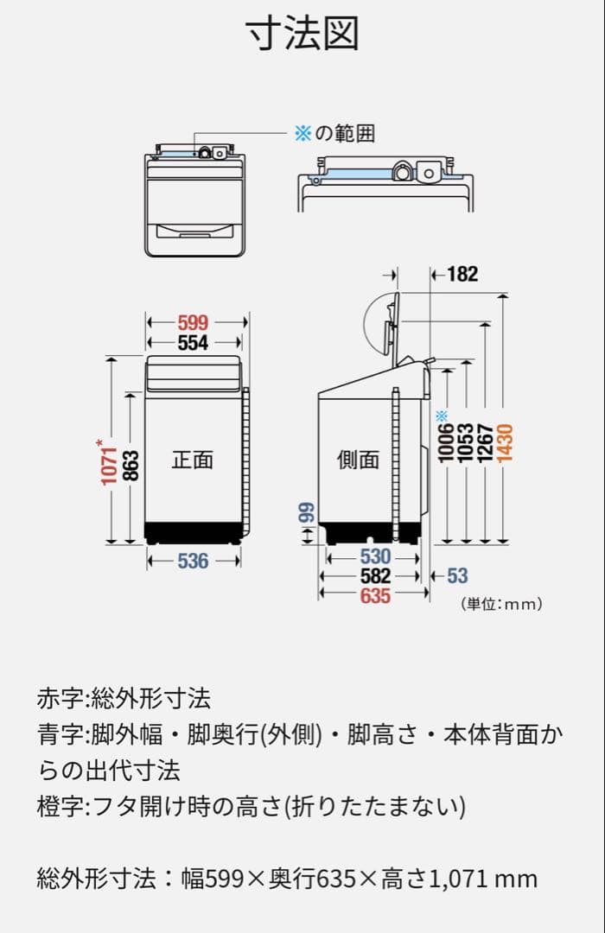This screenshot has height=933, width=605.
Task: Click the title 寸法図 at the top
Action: (x=302, y=35)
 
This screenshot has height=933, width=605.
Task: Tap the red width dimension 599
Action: (x=193, y=322)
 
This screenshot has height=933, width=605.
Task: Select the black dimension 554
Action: (x=193, y=343)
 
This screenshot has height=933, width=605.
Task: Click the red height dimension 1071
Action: (x=108, y=461)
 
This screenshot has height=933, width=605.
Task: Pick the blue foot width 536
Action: (x=193, y=561)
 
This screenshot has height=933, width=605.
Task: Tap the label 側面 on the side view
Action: (x=358, y=460)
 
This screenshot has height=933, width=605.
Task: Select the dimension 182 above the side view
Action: (x=462, y=274)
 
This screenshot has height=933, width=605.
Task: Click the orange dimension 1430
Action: (x=506, y=441)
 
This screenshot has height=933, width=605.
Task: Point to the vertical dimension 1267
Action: (x=486, y=441)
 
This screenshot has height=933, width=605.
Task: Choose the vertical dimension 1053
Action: (x=466, y=441)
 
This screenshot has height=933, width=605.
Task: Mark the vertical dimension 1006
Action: (x=446, y=443)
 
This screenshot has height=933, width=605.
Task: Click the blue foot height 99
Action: (x=306, y=513)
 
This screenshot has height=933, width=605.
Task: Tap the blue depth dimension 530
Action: (x=375, y=556)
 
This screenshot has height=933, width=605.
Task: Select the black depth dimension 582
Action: (x=375, y=575)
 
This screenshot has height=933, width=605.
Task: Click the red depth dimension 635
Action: (x=375, y=595)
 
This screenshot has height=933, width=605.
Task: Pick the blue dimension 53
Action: (x=457, y=575)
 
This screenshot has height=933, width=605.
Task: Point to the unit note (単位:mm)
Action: (x=501, y=604)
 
